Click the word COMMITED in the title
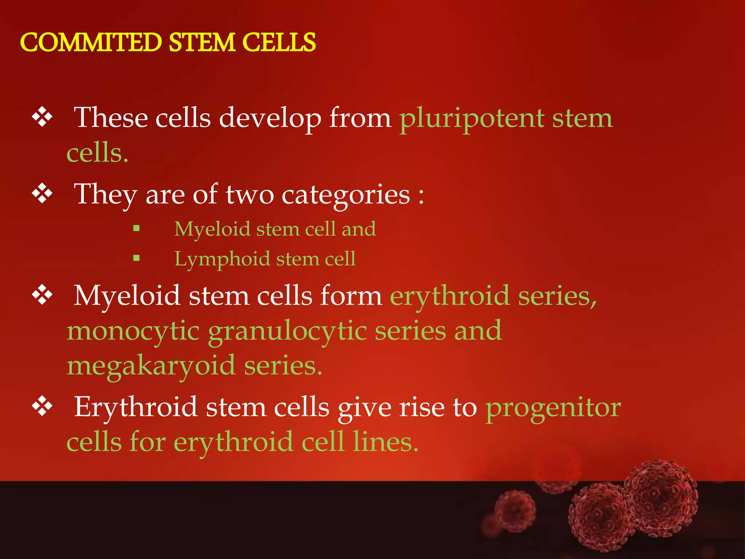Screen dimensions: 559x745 pyautogui.click(x=91, y=42)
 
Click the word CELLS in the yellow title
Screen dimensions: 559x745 pyautogui.click(x=279, y=42)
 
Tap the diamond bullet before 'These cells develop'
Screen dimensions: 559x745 pyautogui.click(x=43, y=117)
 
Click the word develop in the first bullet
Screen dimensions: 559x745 pyautogui.click(x=270, y=119)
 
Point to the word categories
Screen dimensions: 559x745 pyautogui.click(x=346, y=195)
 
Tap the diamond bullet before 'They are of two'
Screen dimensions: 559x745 pyautogui.click(x=43, y=193)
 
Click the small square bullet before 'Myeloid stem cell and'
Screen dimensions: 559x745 pyautogui.click(x=136, y=229)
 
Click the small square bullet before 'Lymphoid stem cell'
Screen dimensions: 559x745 pyautogui.click(x=136, y=258)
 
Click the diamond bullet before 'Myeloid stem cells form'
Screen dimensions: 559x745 pyautogui.click(x=43, y=295)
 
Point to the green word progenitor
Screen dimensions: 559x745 pyautogui.click(x=553, y=408)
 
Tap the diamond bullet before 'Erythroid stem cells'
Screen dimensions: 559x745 pyautogui.click(x=43, y=406)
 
